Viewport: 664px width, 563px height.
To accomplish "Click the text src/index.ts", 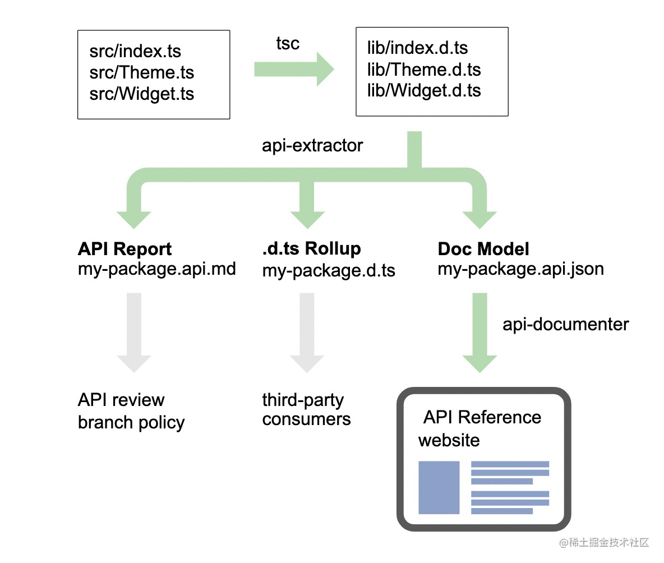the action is (135, 51).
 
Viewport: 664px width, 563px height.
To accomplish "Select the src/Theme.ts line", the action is (141, 72).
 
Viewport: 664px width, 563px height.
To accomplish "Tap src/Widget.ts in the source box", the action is (141, 94).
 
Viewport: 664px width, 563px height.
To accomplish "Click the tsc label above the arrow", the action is (288, 43).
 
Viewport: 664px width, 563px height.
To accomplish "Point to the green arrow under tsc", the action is (294, 70).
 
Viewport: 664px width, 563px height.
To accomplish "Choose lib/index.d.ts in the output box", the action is (418, 48).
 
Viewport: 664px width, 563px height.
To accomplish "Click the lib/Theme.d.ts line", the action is (424, 70).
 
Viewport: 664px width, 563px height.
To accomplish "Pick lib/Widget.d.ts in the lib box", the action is (424, 91).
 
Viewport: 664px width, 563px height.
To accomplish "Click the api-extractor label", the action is (312, 146).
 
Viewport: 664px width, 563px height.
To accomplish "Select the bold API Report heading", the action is (125, 249).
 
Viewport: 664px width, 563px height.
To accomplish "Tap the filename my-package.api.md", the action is (156, 269).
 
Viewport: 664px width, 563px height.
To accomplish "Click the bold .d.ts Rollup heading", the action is (312, 248).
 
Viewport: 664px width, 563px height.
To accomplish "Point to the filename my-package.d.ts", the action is (329, 270).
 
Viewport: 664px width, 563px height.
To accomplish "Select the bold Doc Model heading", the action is (483, 249).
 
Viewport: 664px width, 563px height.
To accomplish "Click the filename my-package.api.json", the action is (520, 269).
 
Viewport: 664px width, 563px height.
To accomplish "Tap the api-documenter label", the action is (565, 324).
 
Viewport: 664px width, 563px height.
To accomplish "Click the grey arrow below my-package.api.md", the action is (134, 333).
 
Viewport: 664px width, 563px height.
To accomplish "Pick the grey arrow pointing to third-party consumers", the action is (307, 333).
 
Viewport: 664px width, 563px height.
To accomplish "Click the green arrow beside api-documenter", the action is (479, 333).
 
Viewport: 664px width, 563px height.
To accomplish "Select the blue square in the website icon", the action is (439, 488).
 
